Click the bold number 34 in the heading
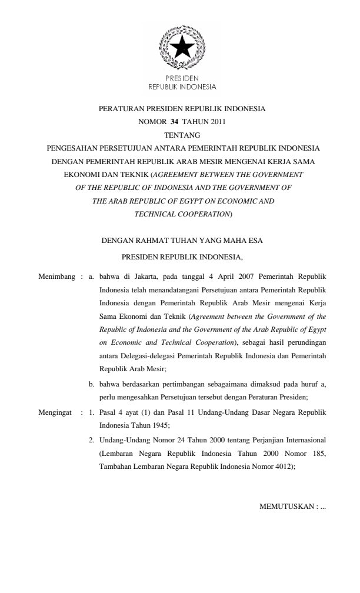(x=175, y=122)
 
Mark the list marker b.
(x=91, y=384)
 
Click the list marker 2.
(x=91, y=438)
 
